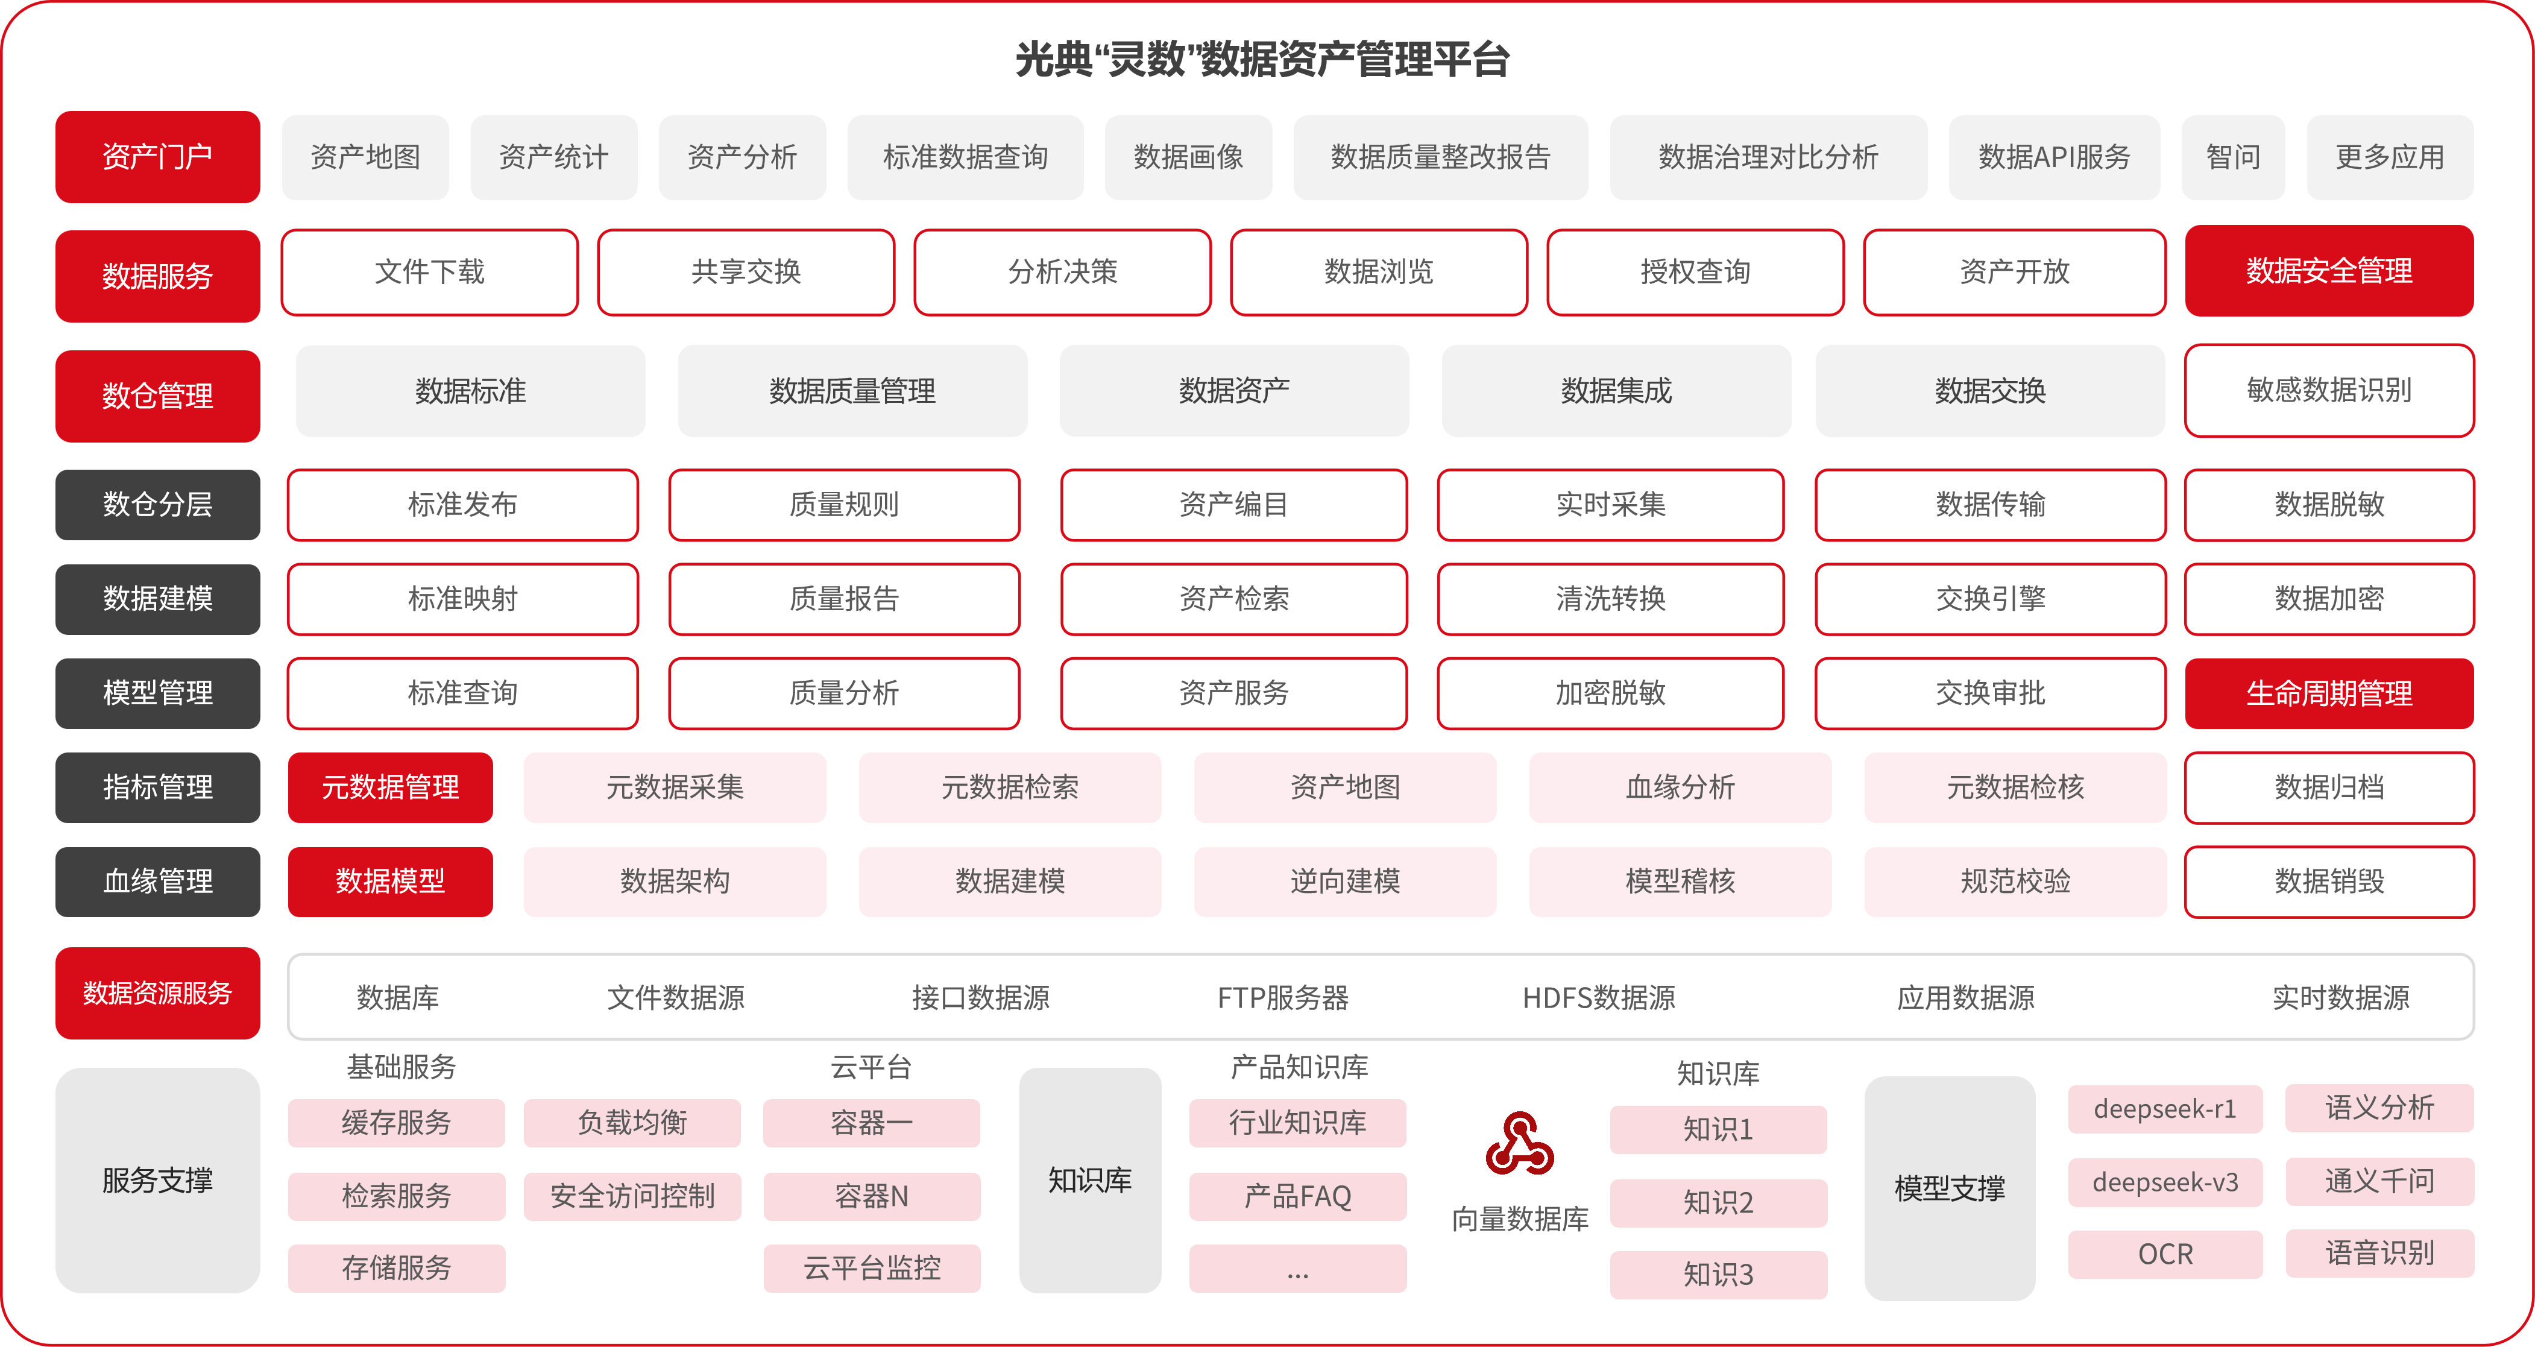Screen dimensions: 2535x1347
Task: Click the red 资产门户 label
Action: click(157, 156)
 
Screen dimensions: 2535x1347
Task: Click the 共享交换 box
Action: click(746, 271)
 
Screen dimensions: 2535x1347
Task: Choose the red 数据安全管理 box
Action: click(2328, 271)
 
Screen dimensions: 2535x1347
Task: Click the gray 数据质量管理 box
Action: click(852, 391)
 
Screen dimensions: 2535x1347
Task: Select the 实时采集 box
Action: click(1610, 505)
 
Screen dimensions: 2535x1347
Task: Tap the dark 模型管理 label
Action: click(157, 693)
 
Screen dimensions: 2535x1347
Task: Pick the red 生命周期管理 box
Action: click(2328, 693)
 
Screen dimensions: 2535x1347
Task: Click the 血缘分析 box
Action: click(1680, 787)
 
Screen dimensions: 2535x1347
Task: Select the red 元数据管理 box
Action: click(389, 787)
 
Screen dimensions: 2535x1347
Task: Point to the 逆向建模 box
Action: click(1344, 881)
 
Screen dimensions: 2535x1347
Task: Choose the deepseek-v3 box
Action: click(2165, 1182)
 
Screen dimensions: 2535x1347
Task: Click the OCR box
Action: click(2165, 1255)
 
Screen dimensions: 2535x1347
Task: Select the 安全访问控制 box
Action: click(632, 1196)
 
